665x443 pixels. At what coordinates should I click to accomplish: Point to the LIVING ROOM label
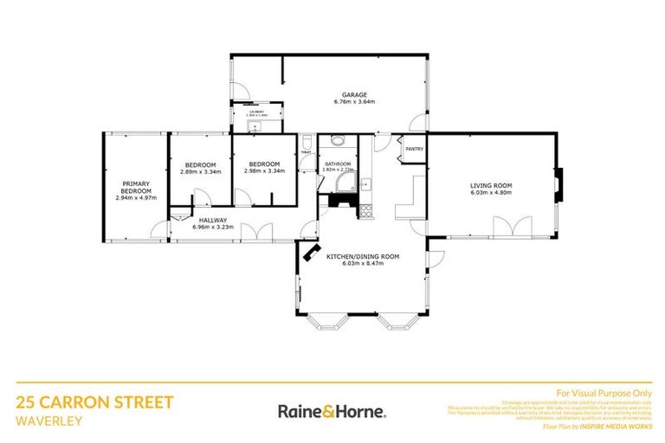[491, 185]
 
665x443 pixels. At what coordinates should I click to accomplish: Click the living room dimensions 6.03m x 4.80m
[491, 193]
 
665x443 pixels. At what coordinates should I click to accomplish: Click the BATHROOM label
[338, 164]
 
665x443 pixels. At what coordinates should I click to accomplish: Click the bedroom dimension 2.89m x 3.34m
[200, 171]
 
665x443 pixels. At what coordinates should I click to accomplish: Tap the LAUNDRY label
[256, 112]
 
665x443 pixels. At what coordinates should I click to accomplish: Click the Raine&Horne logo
[332, 410]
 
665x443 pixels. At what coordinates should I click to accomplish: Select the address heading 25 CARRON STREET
[95, 403]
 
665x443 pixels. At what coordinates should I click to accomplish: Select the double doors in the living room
[505, 227]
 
